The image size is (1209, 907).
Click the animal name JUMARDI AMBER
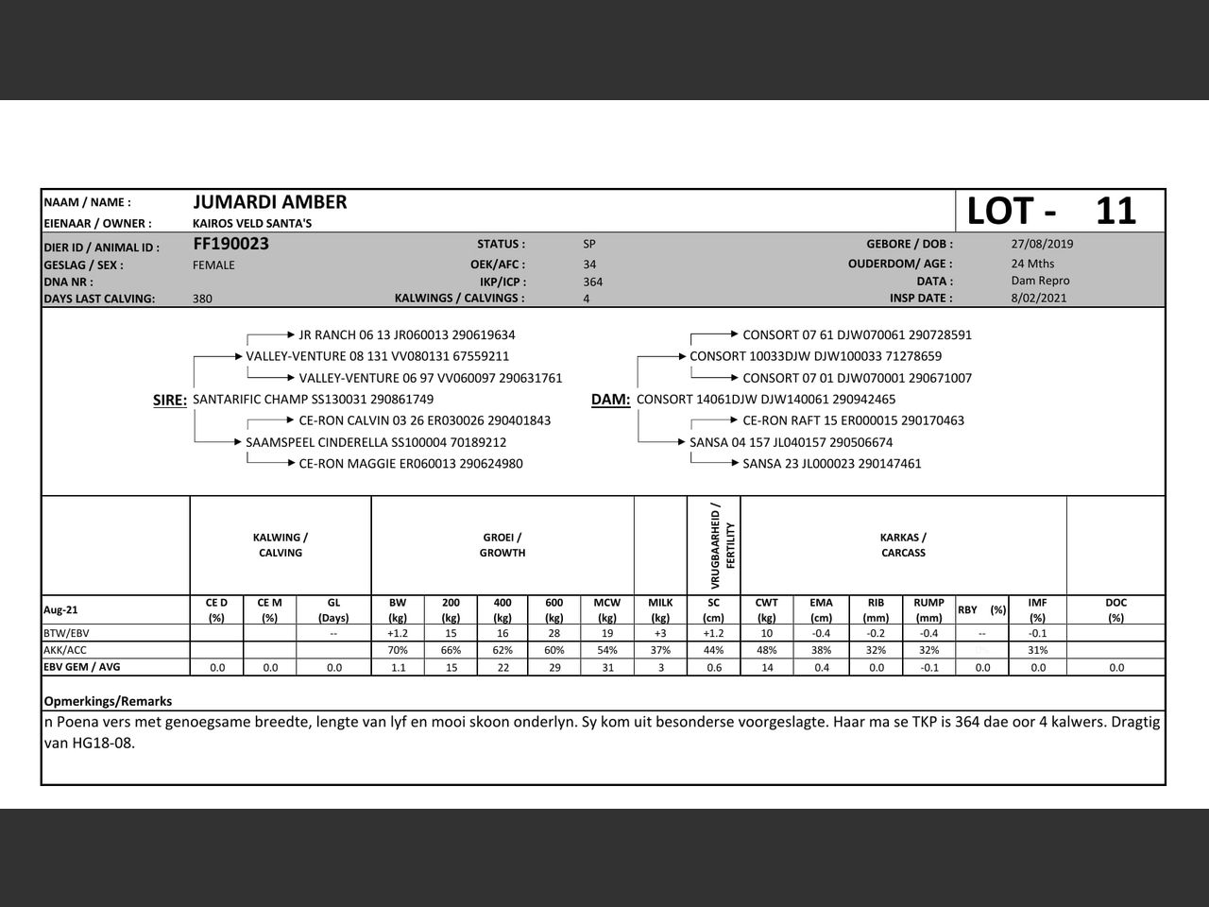coord(270,202)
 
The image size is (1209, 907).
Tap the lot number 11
coord(1115,211)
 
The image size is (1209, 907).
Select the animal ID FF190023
coord(231,244)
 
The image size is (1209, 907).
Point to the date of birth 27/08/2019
coord(1042,244)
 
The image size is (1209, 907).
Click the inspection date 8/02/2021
coord(1038,298)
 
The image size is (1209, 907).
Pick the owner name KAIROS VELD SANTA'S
coord(252,224)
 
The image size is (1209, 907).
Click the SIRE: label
coord(170,401)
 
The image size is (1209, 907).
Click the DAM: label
coord(610,400)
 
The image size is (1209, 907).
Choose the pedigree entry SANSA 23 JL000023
coord(832,464)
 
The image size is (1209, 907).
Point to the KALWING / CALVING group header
coord(281,545)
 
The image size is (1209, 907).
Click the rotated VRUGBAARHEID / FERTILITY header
coord(723,544)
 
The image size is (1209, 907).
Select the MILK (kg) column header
coord(660,609)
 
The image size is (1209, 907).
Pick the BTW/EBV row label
coord(66,633)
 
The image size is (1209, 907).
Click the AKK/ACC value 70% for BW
coord(398,650)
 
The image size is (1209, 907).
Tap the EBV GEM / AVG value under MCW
coord(607,667)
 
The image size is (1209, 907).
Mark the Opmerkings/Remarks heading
coord(108,701)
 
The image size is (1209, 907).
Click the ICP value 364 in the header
coord(593,282)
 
